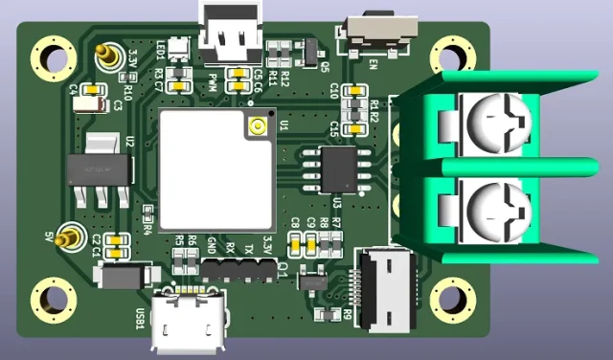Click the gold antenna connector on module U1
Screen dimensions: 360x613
point(257,125)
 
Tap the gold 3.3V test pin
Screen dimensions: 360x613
point(107,59)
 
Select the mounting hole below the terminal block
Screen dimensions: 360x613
point(450,302)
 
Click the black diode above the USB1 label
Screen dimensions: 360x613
point(124,276)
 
